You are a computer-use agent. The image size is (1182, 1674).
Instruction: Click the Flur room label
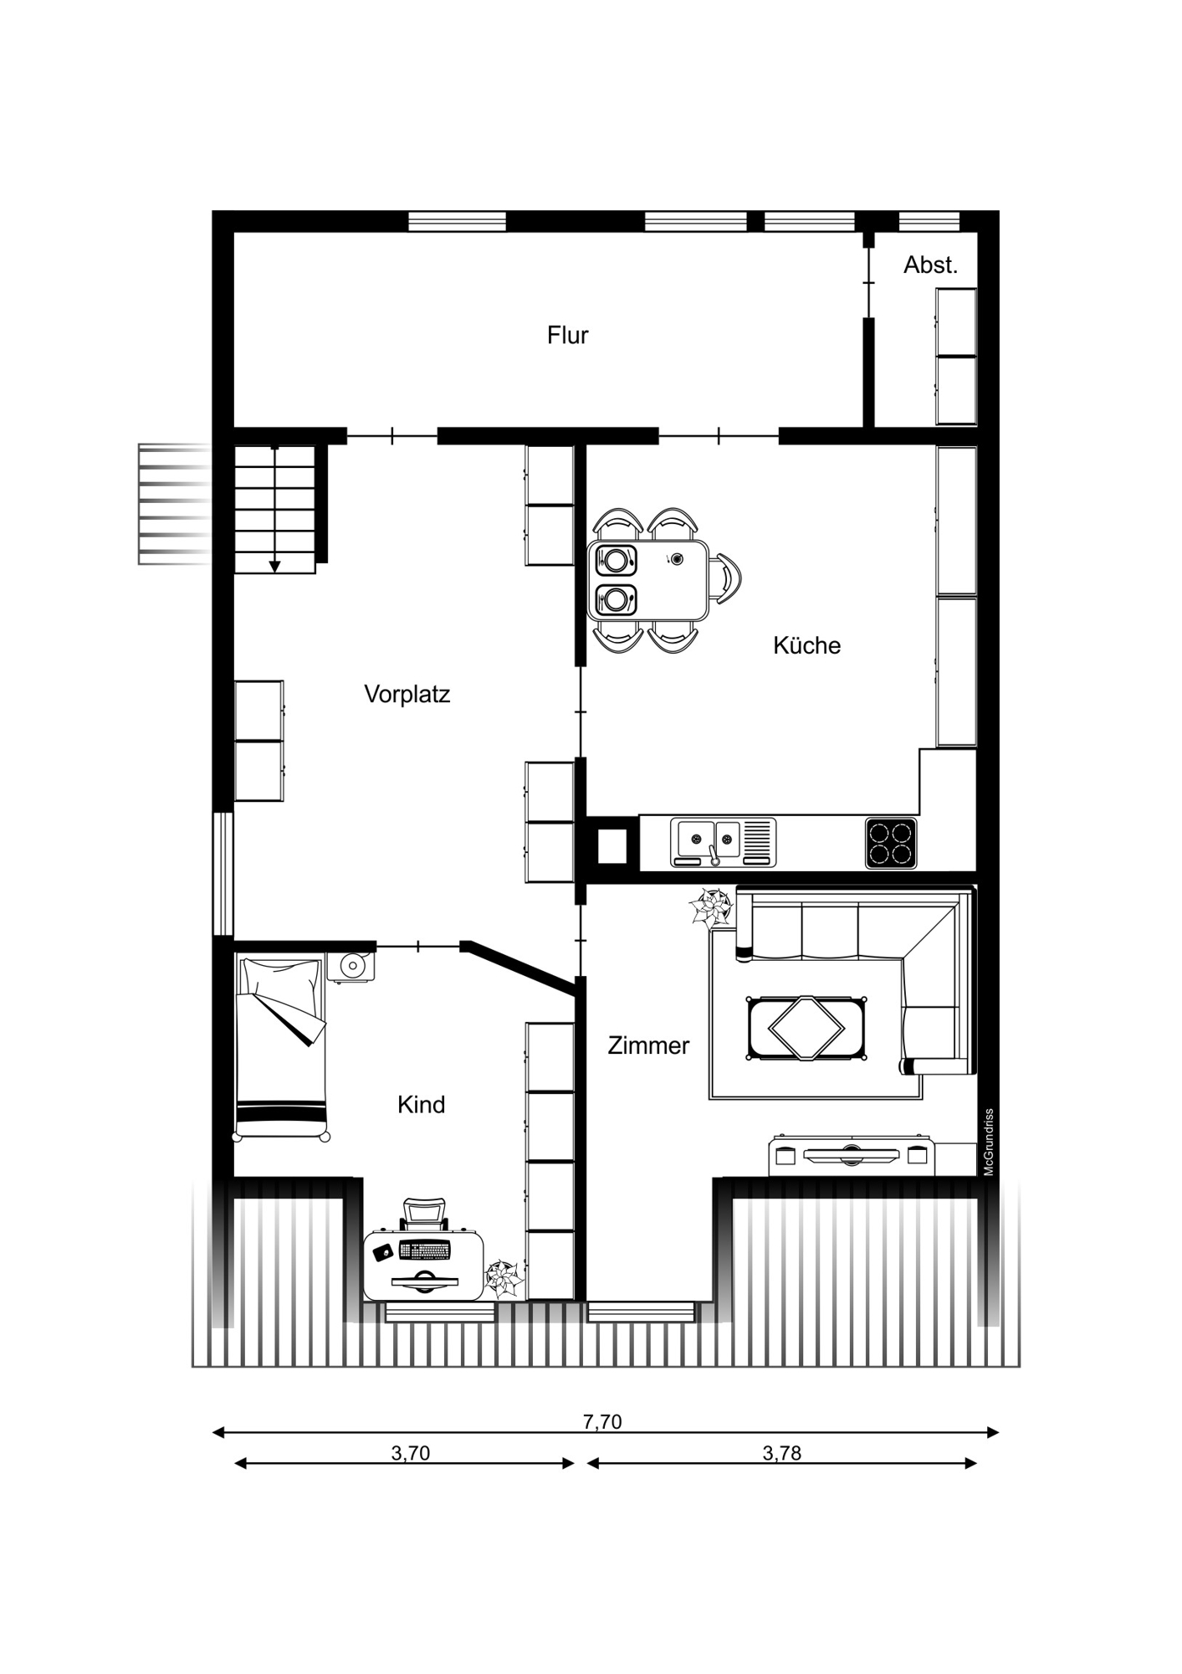(567, 336)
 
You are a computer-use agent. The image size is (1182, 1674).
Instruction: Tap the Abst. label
(930, 265)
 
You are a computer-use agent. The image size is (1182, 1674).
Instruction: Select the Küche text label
(806, 645)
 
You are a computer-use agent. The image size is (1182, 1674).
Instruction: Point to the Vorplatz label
(407, 694)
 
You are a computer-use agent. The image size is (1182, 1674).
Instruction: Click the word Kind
(421, 1105)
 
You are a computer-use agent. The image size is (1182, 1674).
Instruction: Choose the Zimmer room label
(648, 1045)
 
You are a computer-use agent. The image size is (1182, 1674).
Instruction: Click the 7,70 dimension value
(602, 1421)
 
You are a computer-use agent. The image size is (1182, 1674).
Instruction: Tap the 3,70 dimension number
(410, 1453)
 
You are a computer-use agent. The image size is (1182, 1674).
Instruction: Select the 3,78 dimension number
(781, 1453)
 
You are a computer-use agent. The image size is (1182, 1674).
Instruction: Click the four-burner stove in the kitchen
(890, 843)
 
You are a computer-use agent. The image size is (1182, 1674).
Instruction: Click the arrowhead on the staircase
(274, 567)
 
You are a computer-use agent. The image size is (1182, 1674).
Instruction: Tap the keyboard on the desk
(424, 1250)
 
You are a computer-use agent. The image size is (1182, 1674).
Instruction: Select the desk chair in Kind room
(425, 1214)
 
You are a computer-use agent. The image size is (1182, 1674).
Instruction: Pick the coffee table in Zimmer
(806, 1029)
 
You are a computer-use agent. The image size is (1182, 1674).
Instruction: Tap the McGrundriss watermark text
(989, 1143)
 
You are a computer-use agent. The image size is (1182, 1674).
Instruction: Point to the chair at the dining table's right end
(727, 578)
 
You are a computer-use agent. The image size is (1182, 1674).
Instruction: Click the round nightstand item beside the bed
(351, 967)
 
